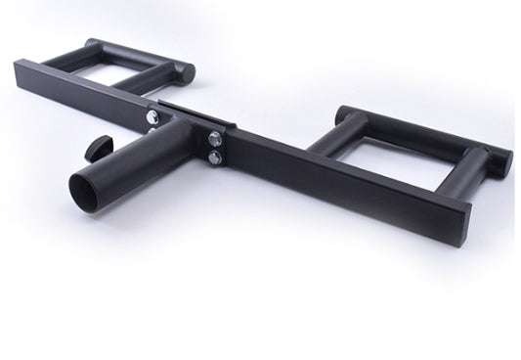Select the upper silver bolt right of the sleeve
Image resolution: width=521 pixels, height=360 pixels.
click(x=212, y=136)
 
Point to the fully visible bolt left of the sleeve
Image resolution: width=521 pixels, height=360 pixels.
click(x=153, y=119)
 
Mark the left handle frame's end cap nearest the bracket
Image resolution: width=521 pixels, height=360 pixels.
click(x=186, y=71)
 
